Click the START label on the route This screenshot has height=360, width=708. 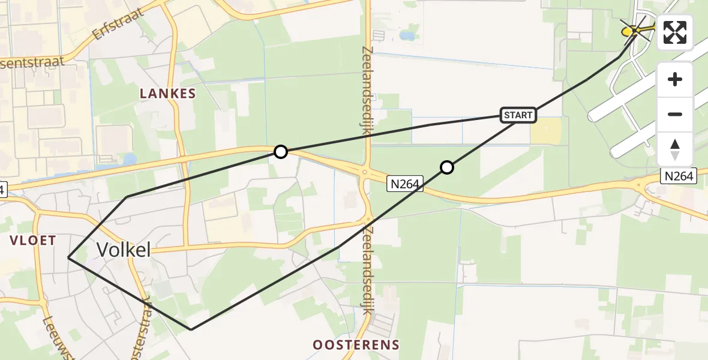pos(518,115)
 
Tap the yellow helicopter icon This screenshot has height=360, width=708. pos(632,30)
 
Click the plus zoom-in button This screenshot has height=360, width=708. pos(675,79)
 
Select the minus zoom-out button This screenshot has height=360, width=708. pos(675,114)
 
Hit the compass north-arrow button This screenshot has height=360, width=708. pos(675,149)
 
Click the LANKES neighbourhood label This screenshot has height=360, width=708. pos(168,94)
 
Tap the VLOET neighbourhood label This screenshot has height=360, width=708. pos(32,241)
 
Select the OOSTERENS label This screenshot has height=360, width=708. pos(356,344)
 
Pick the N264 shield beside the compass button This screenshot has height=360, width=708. pos(680,176)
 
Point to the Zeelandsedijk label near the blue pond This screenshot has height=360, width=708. pos(368,86)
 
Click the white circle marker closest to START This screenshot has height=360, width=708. pos(446,167)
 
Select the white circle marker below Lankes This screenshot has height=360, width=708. pos(280,152)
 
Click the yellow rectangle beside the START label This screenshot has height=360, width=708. pos(546,131)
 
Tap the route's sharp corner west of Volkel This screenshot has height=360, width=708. pos(68,258)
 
